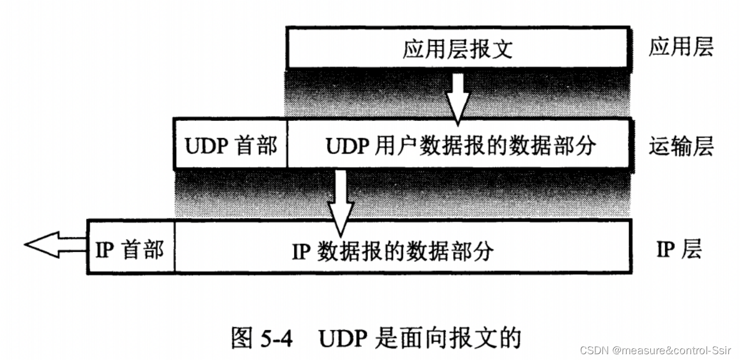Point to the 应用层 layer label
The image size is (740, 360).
(x=680, y=47)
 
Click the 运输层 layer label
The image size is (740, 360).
(x=680, y=146)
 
